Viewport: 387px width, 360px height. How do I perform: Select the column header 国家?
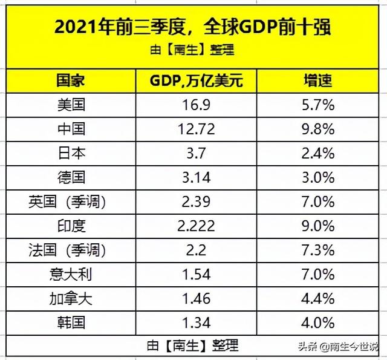tap(71, 81)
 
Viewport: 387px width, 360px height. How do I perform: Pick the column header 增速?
tap(318, 81)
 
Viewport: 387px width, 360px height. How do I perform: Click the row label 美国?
tap(71, 105)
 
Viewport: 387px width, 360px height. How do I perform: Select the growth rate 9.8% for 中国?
tap(318, 129)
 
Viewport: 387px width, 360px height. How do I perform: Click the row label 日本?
tap(71, 153)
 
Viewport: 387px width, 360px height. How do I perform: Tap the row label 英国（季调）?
tap(71, 201)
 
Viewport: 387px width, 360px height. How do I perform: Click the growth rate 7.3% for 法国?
tap(318, 249)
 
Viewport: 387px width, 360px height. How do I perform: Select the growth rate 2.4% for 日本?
tap(318, 153)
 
